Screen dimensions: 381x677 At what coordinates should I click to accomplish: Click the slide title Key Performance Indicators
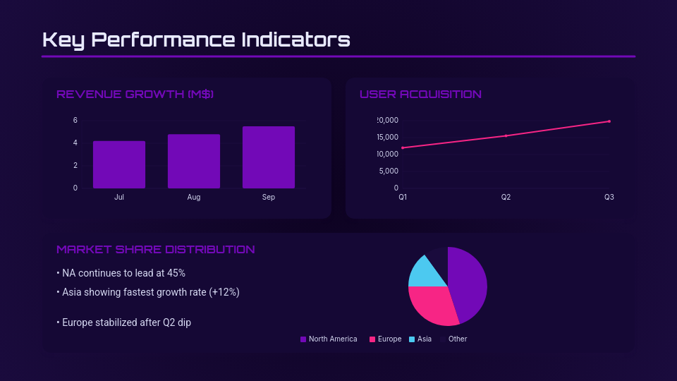pyautogui.click(x=196, y=40)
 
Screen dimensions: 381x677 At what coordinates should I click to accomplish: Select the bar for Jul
pyautogui.click(x=119, y=164)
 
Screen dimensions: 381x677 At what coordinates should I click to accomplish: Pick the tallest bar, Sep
pyautogui.click(x=269, y=157)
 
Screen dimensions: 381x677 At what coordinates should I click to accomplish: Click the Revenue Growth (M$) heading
pyautogui.click(x=135, y=95)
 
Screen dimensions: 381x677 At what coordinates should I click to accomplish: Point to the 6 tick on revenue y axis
pyautogui.click(x=75, y=120)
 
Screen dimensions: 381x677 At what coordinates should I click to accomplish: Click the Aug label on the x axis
pyautogui.click(x=194, y=198)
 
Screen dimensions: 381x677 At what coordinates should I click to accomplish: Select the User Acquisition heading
pyautogui.click(x=420, y=95)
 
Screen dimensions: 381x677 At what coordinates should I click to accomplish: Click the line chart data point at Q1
pyautogui.click(x=403, y=147)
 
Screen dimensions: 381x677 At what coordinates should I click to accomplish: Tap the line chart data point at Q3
pyautogui.click(x=609, y=121)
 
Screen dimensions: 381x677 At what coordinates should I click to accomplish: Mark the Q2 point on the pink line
pyautogui.click(x=506, y=135)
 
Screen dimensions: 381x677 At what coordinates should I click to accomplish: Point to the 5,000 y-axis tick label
pyautogui.click(x=387, y=171)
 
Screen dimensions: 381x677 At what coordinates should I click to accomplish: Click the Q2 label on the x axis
pyautogui.click(x=506, y=198)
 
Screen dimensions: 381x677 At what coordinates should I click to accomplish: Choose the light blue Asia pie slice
pyautogui.click(x=422, y=273)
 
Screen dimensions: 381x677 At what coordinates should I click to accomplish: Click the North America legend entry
pyautogui.click(x=329, y=339)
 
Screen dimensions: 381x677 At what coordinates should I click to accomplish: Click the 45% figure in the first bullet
pyautogui.click(x=176, y=273)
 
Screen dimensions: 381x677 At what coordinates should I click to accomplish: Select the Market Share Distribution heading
pyautogui.click(x=156, y=250)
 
